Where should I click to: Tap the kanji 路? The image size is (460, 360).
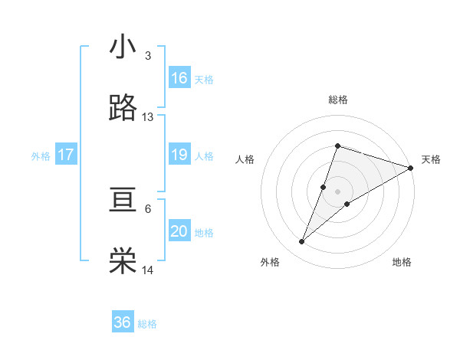[123, 109]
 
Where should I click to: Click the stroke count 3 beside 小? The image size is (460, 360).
[148, 56]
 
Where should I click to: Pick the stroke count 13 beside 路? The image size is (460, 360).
[148, 117]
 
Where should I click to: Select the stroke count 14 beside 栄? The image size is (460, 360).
[148, 270]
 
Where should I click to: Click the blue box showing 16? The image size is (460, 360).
[179, 78]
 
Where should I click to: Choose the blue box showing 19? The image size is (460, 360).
[179, 155]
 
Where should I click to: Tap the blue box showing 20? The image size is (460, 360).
[179, 231]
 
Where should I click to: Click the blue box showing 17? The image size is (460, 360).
[66, 155]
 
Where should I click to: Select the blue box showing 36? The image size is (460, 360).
[123, 322]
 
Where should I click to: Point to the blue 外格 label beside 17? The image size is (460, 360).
[41, 155]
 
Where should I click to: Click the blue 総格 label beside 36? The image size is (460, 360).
[147, 324]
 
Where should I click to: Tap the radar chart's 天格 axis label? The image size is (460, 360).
[431, 159]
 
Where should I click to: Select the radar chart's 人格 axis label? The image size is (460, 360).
[245, 159]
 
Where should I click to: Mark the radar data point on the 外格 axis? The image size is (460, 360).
[302, 242]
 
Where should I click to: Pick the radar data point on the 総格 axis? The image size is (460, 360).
[337, 146]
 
